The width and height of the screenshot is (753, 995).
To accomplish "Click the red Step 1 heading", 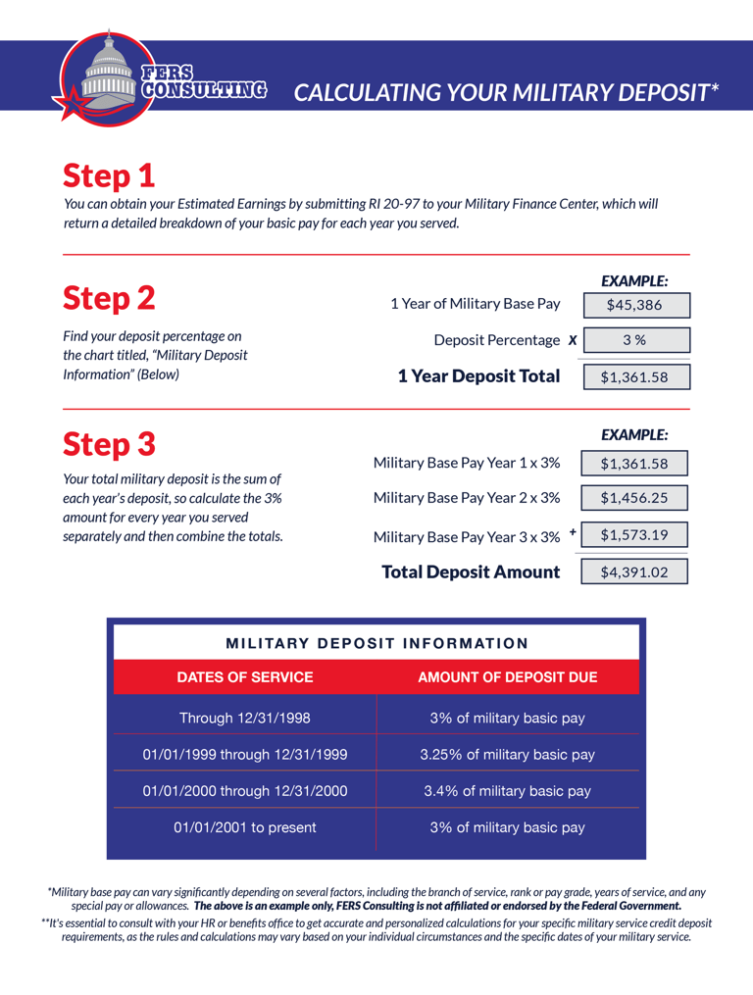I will tap(109, 176).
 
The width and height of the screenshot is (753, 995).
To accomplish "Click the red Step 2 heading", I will tap(109, 297).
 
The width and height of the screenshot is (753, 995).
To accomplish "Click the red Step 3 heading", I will tap(109, 444).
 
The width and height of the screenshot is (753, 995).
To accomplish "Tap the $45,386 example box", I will tap(635, 305).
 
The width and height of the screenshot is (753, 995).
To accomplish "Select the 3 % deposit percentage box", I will tap(635, 340).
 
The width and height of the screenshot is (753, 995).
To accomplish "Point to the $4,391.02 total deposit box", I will tap(634, 572).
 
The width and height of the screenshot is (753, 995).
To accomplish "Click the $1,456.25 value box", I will tap(634, 498).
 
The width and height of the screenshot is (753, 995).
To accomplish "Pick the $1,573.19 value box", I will tap(634, 534).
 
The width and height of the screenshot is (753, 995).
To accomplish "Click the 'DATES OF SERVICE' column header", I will tap(245, 677).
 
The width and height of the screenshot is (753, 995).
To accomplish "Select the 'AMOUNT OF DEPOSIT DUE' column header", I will tap(508, 677).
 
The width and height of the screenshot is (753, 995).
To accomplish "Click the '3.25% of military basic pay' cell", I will tap(508, 755).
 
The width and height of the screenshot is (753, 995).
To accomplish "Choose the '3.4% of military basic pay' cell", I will tap(508, 791).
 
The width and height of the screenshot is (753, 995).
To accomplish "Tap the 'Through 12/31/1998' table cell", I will tap(245, 719).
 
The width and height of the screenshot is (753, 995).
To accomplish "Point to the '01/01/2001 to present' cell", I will tap(245, 827).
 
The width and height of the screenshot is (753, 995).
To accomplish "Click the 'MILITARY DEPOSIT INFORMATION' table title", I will tap(377, 644).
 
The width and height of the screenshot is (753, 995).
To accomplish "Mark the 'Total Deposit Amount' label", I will tap(471, 572).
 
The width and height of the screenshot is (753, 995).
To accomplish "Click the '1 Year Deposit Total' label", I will tap(479, 376).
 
